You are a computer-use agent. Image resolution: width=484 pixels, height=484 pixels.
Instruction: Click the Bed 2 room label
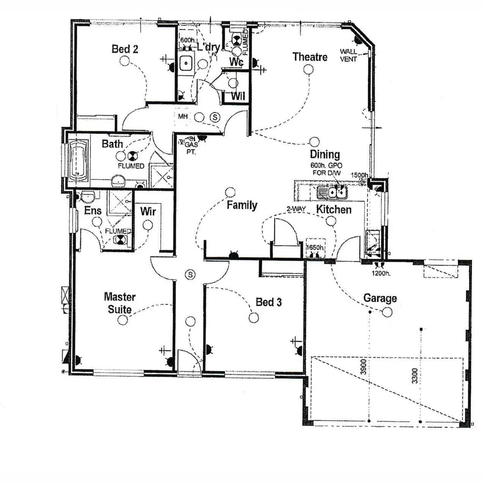coord(125,49)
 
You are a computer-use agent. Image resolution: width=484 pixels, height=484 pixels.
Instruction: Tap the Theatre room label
coord(310,57)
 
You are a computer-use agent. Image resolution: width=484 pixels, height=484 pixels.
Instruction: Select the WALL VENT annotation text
coord(348,55)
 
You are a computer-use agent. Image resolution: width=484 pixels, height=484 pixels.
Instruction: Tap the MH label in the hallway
coord(182,117)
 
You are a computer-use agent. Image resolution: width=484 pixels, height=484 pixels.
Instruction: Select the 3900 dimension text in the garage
coord(364,367)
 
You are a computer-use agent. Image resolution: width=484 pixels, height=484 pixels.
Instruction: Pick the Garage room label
coord(380,298)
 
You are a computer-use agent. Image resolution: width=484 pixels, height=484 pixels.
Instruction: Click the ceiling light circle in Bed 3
coord(254,318)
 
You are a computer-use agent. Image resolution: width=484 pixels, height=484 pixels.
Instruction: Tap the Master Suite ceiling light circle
coord(122,320)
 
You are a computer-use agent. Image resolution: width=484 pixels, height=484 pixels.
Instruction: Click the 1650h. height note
coord(315,248)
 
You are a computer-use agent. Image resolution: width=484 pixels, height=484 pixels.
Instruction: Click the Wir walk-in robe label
coord(148,211)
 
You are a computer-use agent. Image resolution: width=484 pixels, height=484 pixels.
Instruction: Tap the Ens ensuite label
coord(93,211)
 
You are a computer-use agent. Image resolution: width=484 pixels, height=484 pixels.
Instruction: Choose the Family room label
coord(242,205)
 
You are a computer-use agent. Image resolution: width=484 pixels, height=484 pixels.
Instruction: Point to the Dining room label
coord(325,155)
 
